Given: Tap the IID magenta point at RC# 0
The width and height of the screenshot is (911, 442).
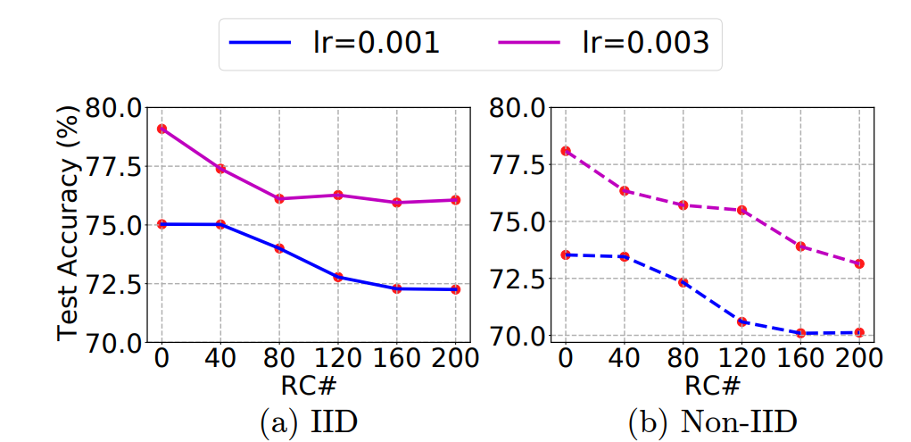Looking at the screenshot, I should coord(161,129).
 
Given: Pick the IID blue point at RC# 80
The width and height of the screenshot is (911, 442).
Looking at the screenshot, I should coord(278,248).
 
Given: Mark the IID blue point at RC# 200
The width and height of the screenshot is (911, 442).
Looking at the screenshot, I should coord(454,289).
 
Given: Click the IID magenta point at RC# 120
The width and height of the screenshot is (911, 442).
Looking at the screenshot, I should coord(337,195).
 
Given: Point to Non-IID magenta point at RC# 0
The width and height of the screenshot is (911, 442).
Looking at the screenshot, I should coord(565,151).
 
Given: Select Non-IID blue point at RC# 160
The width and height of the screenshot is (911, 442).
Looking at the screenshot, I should coord(801,333).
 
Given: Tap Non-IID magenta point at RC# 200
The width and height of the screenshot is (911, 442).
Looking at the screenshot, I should coord(859,263).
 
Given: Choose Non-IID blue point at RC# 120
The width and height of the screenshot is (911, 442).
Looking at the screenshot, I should coord(741,321).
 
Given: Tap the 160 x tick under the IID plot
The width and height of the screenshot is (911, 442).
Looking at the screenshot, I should coord(395,359).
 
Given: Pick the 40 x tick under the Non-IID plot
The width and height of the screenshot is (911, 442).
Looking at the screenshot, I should coord(624,359).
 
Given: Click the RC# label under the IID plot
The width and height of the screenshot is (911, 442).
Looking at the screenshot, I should coord(308,385).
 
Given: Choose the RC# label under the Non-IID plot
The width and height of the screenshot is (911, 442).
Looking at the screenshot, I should coord(712,385).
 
